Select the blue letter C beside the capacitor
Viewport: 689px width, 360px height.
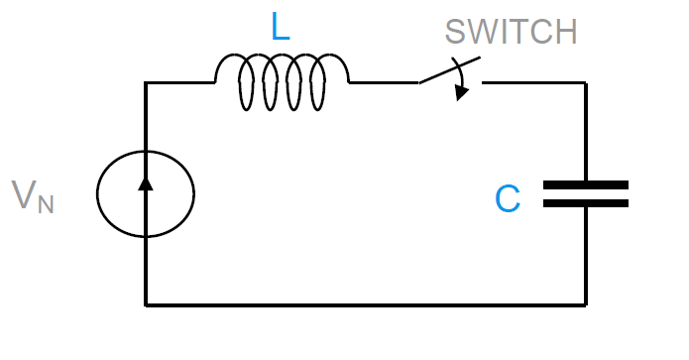click(508, 199)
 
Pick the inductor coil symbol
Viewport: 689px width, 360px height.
click(282, 83)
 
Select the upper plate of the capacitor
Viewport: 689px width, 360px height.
click(585, 184)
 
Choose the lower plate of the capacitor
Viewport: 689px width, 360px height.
click(585, 203)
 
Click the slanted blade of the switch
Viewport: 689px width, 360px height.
click(446, 72)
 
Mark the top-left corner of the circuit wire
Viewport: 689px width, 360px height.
click(147, 82)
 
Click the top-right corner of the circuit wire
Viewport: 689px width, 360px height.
click(585, 82)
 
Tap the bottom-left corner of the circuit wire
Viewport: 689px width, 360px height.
click(147, 304)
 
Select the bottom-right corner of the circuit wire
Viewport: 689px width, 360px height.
click(585, 304)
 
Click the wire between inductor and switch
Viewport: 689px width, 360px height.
click(384, 82)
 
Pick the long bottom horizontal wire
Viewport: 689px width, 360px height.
click(367, 304)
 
